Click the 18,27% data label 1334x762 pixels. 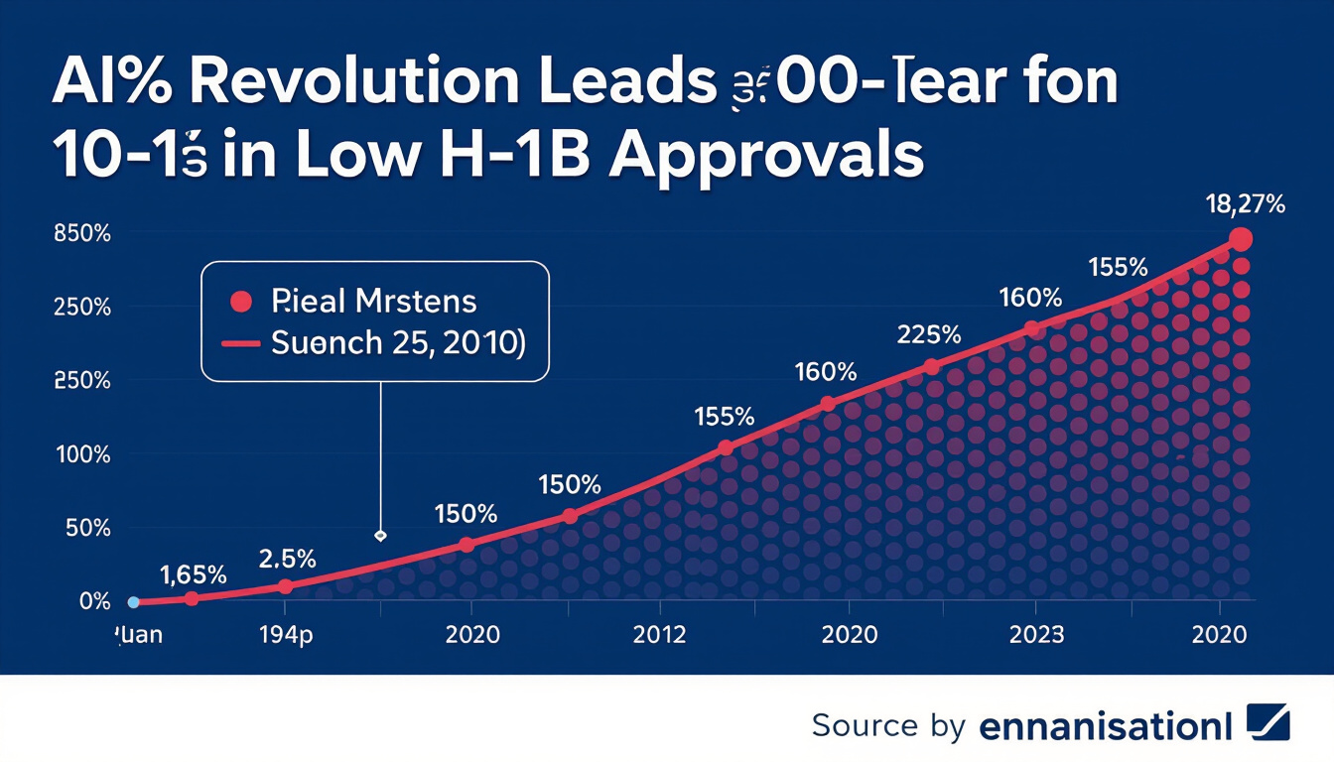pyautogui.click(x=1246, y=205)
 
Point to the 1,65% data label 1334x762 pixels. pyautogui.click(x=194, y=573)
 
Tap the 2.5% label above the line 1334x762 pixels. pyautogui.click(x=288, y=558)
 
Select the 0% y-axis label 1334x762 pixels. pyautogui.click(x=95, y=601)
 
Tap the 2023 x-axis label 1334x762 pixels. pyautogui.click(x=1036, y=634)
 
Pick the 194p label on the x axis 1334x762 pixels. pyautogui.click(x=285, y=634)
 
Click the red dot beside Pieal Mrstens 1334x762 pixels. pyautogui.click(x=238, y=300)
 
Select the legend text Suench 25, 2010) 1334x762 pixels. pyautogui.click(x=398, y=342)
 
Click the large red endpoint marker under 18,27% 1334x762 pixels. pyautogui.click(x=1240, y=239)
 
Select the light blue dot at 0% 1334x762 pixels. pyautogui.click(x=133, y=601)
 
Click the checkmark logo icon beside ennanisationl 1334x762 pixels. pyautogui.click(x=1267, y=722)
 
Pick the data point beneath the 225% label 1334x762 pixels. pyautogui.click(x=931, y=367)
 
